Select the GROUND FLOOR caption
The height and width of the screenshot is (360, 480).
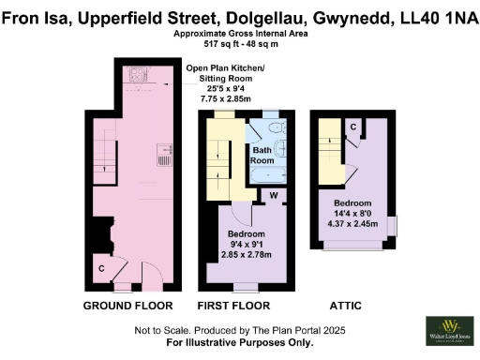[128, 307]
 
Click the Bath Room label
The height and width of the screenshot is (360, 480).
[262, 155]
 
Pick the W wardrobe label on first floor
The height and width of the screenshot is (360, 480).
[274, 196]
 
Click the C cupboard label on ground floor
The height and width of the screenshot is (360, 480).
[101, 269]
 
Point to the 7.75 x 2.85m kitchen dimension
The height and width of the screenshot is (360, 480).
[225, 98]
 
